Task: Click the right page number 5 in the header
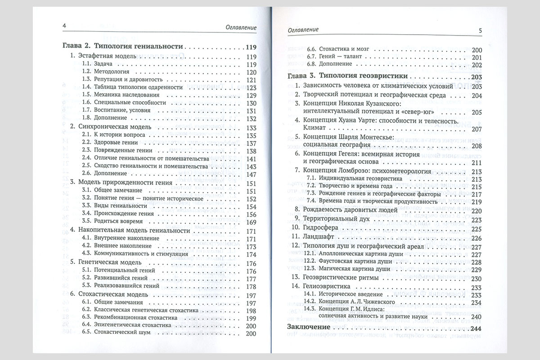click(480, 30)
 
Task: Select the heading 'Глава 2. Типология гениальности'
click(121, 46)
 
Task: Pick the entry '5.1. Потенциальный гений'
click(119, 271)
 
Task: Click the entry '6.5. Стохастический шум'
click(118, 333)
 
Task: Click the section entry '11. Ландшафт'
click(313, 238)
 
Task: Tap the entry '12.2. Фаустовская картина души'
click(346, 262)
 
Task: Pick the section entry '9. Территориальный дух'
click(333, 220)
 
